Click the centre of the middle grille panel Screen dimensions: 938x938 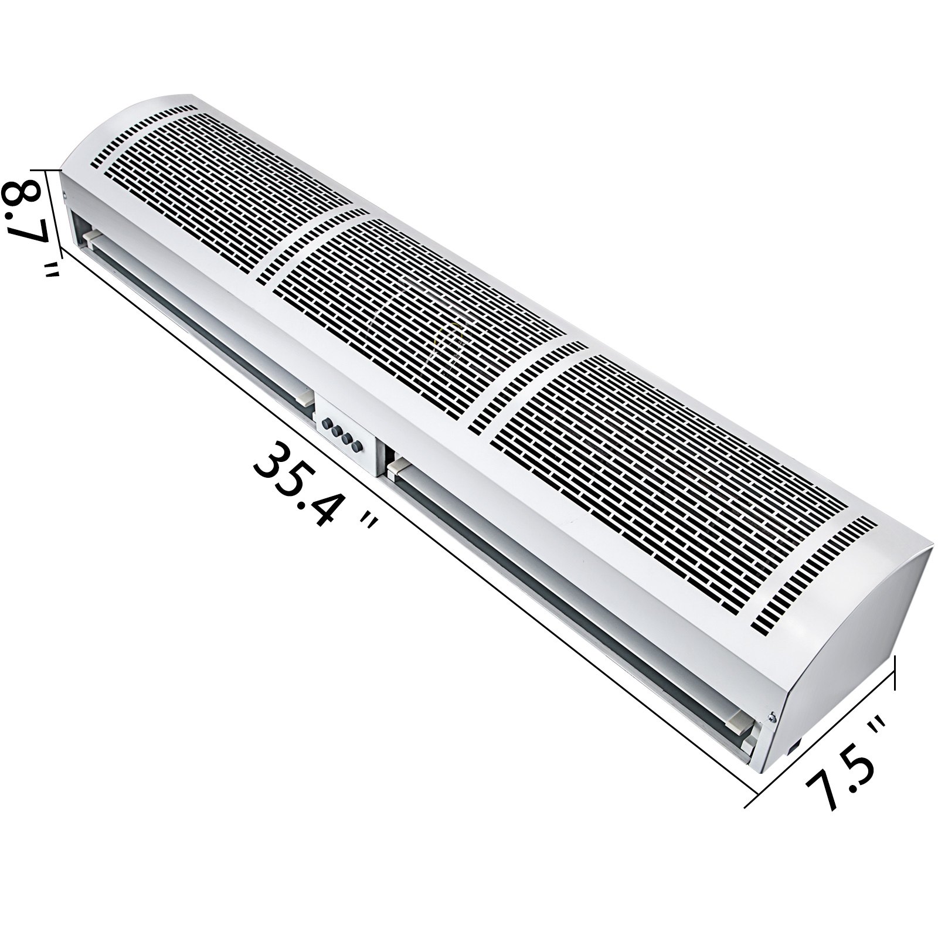coord(410,317)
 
